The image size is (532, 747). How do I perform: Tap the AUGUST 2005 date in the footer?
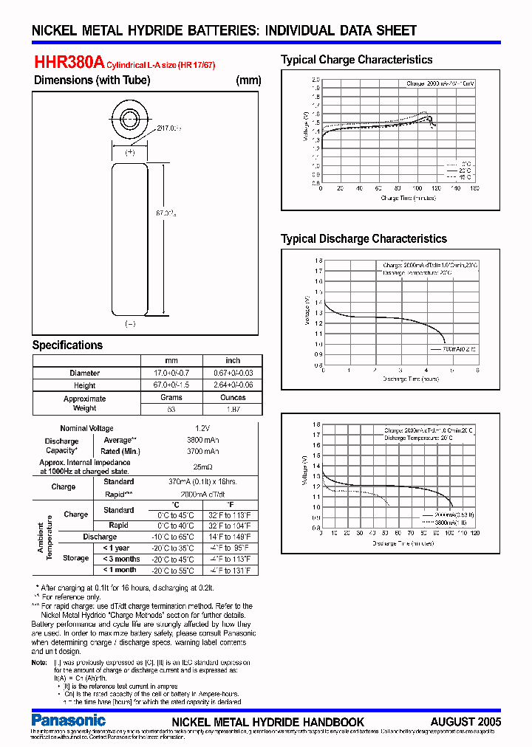[x=465, y=721]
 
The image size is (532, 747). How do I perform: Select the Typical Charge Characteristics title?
[x=356, y=60]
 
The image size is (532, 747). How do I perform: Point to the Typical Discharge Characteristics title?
[x=364, y=238]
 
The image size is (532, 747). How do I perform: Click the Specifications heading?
[x=67, y=345]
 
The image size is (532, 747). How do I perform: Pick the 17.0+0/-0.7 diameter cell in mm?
[x=171, y=373]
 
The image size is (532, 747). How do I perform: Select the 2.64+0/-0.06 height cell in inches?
[x=233, y=385]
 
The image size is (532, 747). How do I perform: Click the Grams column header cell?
[x=171, y=397]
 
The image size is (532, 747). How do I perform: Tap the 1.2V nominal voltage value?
[x=201, y=428]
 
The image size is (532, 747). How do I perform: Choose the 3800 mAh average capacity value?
[x=201, y=439]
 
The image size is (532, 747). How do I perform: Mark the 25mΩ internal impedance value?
[x=202, y=467]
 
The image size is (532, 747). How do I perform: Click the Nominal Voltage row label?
[x=86, y=428]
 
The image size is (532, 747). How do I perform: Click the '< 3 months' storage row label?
[x=121, y=559]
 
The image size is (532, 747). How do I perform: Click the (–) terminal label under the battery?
[x=130, y=323]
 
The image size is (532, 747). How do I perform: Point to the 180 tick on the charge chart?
[x=474, y=188]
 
